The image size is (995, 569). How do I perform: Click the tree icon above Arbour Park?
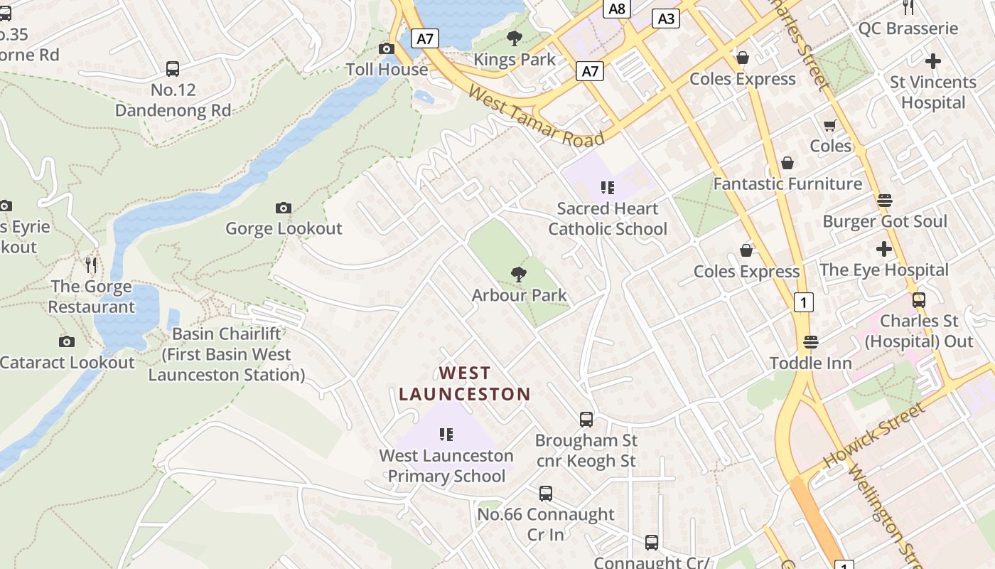click(519, 274)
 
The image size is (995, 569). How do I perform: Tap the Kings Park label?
click(515, 60)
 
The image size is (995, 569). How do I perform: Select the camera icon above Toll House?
click(387, 48)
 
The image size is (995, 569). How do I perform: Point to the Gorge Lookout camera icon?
click(284, 208)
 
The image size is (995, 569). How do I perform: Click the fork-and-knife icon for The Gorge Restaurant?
click(91, 265)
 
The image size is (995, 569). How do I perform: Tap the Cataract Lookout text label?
click(67, 362)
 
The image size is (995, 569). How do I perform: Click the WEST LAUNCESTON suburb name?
click(465, 383)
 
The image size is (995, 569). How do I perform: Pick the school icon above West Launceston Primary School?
click(446, 434)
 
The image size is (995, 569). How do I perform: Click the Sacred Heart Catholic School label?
click(608, 218)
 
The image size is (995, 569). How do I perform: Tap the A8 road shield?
click(617, 9)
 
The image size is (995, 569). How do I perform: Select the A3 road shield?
click(666, 18)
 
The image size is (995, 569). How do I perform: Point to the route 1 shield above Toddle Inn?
click(803, 302)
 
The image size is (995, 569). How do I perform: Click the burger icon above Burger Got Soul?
click(885, 201)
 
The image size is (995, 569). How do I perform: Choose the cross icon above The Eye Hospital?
click(884, 249)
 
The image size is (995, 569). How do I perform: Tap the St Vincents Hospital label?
click(933, 92)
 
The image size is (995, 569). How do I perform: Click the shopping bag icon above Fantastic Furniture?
click(787, 163)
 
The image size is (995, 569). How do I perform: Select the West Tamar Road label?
click(537, 117)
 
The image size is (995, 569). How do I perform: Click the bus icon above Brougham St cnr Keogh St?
click(586, 420)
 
